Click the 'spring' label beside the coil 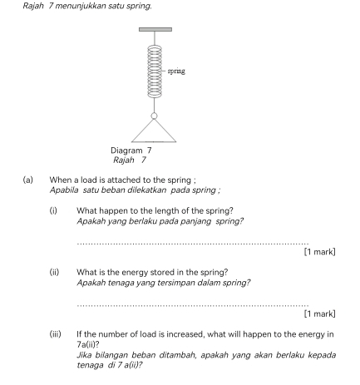coord(176,72)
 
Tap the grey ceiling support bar coord(155,29)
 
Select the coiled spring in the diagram coord(155,72)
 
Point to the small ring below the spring coord(154,116)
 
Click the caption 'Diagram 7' coord(131,151)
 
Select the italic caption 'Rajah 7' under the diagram coord(130,160)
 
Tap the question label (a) coord(28,180)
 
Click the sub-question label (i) coord(53,211)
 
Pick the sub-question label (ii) coord(54,273)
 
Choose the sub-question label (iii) coord(56,334)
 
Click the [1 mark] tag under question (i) coord(319,252)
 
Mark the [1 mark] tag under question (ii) coord(319,313)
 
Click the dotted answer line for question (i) coord(193,244)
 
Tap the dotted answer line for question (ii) coord(193,306)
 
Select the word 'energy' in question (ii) coord(135,273)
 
